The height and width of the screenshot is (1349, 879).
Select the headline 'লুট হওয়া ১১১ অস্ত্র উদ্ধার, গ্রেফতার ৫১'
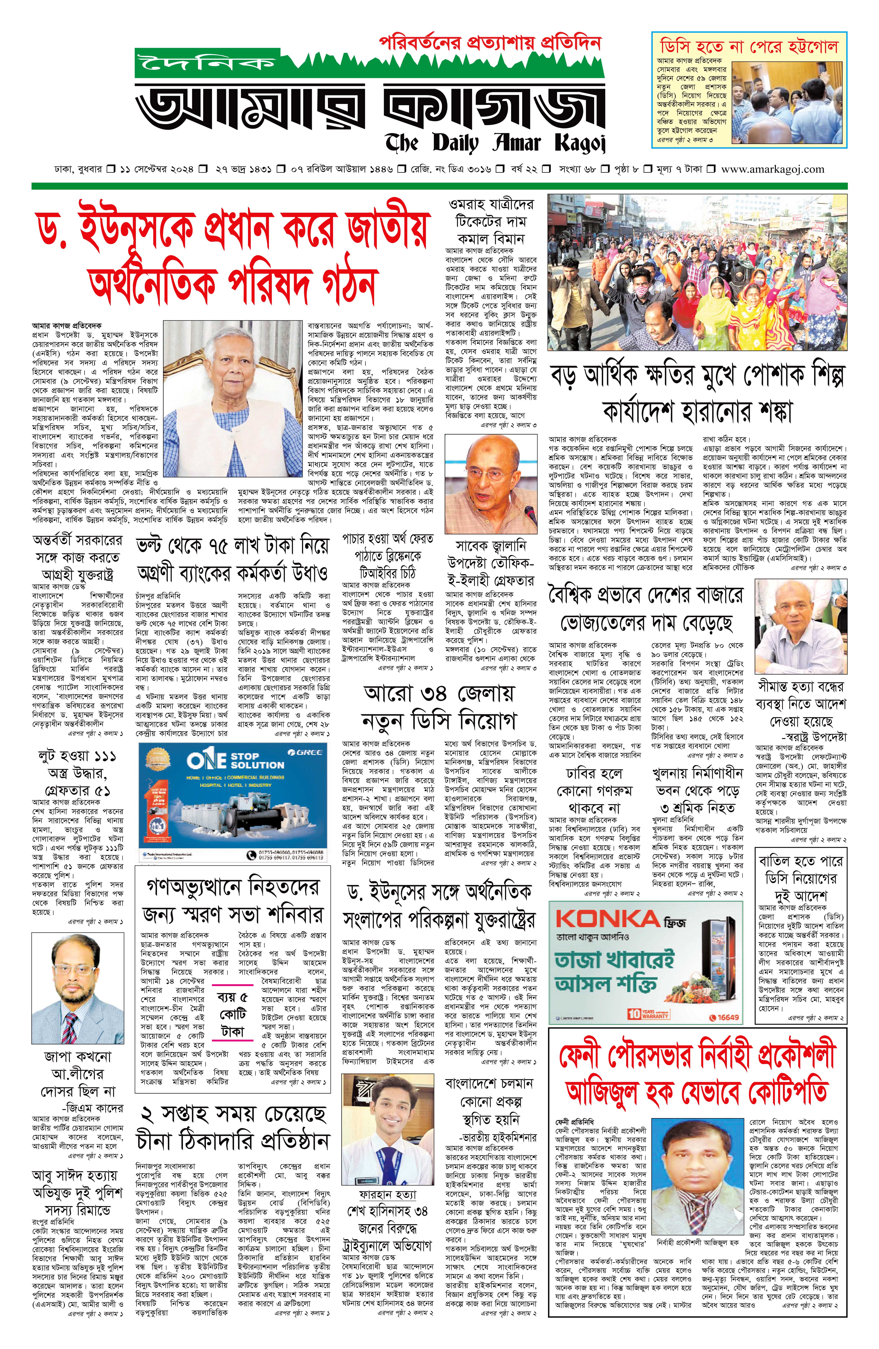[x=78, y=773]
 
